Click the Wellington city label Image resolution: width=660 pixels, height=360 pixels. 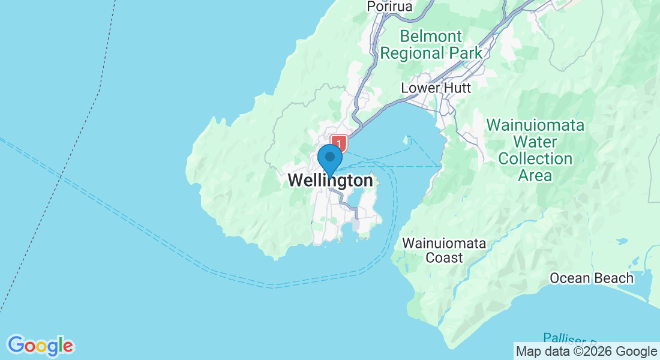click(330, 180)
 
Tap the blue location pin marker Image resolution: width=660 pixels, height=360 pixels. click(329, 160)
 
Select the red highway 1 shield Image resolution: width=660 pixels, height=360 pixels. click(339, 144)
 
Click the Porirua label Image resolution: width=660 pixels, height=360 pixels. click(390, 7)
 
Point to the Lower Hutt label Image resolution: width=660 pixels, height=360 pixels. click(436, 88)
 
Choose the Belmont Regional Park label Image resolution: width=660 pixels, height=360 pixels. click(431, 44)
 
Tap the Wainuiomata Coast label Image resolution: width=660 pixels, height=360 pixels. click(444, 251)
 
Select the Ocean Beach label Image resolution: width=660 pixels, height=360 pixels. click(592, 278)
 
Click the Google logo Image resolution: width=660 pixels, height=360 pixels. click(40, 346)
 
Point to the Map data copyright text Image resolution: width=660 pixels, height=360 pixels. click(587, 352)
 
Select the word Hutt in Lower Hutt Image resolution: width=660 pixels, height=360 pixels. click(457, 88)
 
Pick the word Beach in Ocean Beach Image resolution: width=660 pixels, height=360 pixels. click(614, 278)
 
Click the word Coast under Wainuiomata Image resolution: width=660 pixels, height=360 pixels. click(444, 258)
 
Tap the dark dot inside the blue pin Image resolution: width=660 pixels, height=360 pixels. click(329, 156)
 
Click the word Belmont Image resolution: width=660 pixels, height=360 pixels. click(431, 36)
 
